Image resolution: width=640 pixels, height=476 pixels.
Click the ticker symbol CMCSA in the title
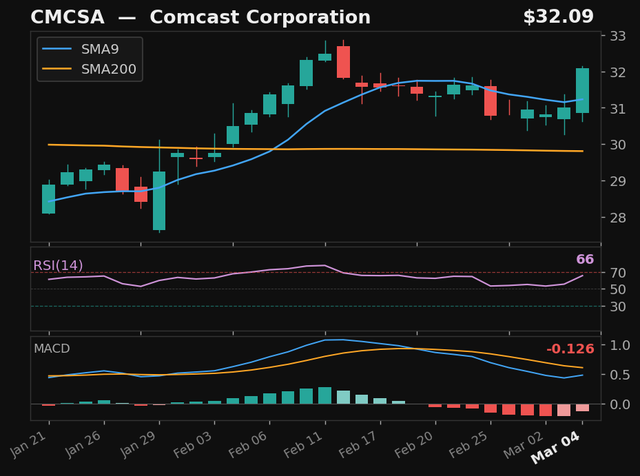tap(67, 17)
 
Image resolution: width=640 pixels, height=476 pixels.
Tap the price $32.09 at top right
tap(558, 17)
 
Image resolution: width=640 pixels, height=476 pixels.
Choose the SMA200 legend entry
tap(108, 70)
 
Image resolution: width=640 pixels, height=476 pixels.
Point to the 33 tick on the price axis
tap(617, 36)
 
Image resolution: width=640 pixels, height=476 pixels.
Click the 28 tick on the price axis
tap(617, 218)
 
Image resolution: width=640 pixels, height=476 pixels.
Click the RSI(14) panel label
tap(58, 266)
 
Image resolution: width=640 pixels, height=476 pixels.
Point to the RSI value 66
tap(585, 260)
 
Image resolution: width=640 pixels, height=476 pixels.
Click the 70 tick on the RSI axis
tap(617, 273)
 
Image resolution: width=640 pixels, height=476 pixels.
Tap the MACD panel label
tap(52, 349)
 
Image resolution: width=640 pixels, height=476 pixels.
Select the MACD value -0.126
tap(570, 350)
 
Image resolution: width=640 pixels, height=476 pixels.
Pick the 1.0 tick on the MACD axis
tap(620, 345)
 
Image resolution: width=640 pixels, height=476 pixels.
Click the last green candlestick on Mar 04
tap(582, 90)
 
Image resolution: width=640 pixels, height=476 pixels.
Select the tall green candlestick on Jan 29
tap(159, 200)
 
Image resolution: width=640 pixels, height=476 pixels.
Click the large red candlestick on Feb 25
tap(491, 101)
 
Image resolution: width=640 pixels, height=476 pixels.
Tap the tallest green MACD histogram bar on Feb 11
tap(324, 395)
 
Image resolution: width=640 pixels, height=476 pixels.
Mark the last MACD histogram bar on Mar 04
tap(582, 408)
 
